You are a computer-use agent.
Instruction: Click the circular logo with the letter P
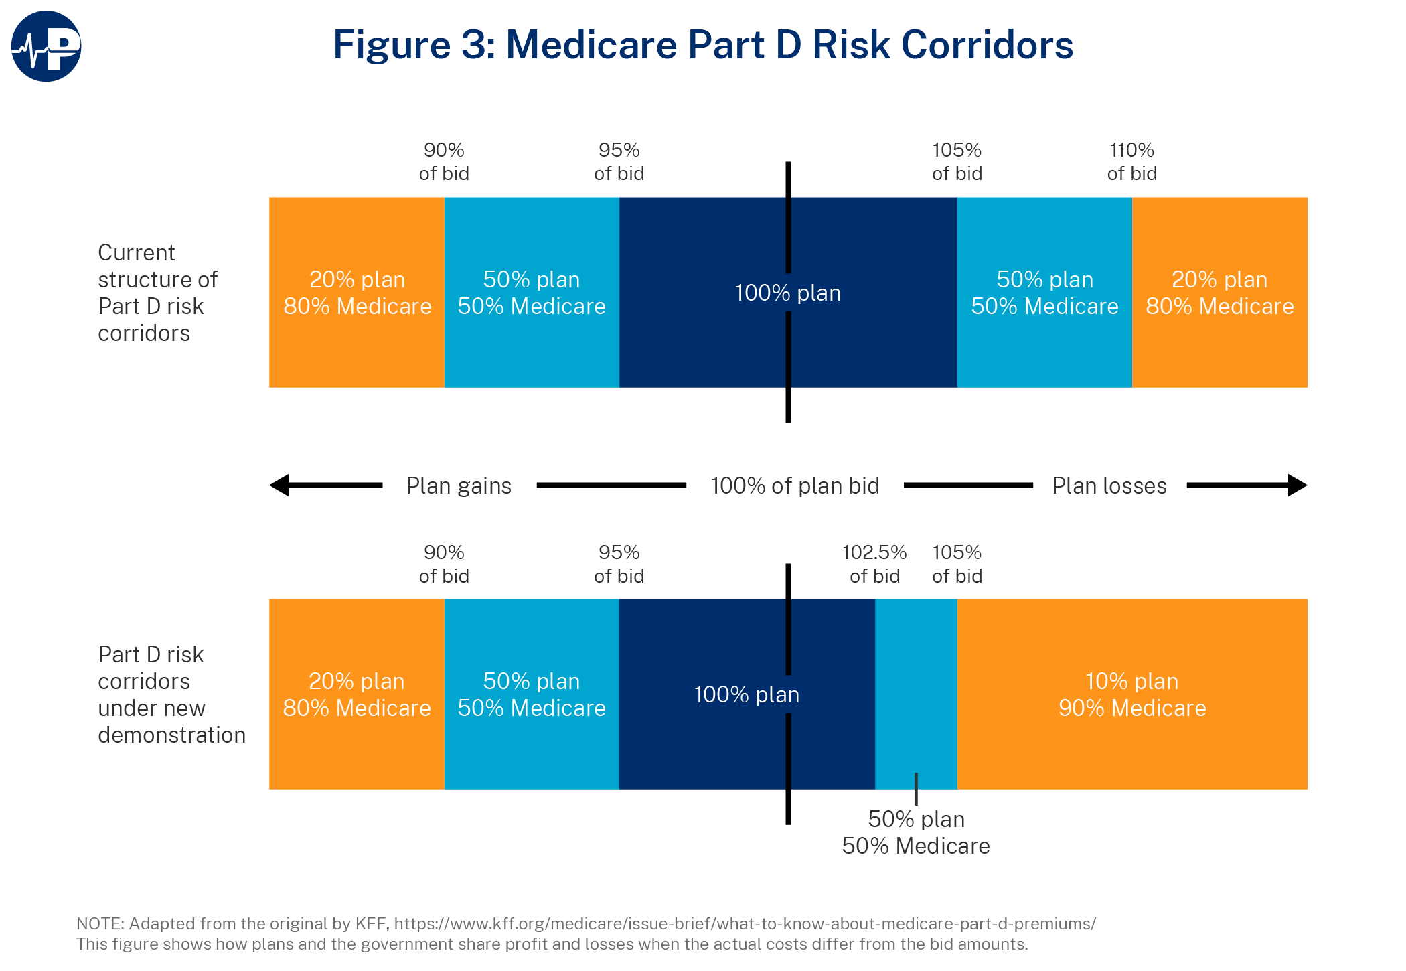(46, 46)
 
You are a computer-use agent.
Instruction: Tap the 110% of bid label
(1131, 161)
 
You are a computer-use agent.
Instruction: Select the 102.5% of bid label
(874, 564)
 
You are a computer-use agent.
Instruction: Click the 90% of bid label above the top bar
(444, 161)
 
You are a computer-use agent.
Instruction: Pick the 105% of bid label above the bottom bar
(957, 564)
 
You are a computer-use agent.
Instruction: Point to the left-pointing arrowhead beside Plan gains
(280, 485)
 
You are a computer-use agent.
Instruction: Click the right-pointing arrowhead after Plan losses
(1297, 485)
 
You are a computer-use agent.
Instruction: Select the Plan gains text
(459, 485)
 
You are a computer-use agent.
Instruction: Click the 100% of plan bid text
(795, 485)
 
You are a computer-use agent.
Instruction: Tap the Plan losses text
(1109, 485)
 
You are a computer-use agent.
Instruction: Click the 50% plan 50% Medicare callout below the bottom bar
(916, 832)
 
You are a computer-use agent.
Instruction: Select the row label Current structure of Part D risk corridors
(157, 293)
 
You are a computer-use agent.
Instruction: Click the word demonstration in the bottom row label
(171, 735)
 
